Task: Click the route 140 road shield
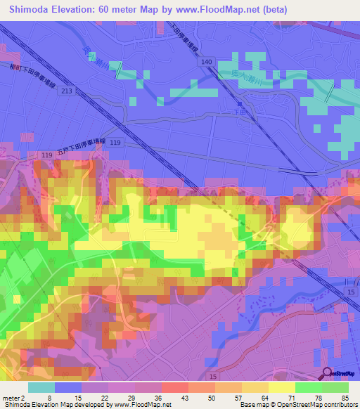pyautogui.click(x=205, y=63)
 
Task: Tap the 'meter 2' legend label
pyautogui.click(x=13, y=397)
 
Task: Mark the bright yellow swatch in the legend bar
pyautogui.click(x=281, y=387)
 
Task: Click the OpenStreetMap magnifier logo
pyautogui.click(x=328, y=372)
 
